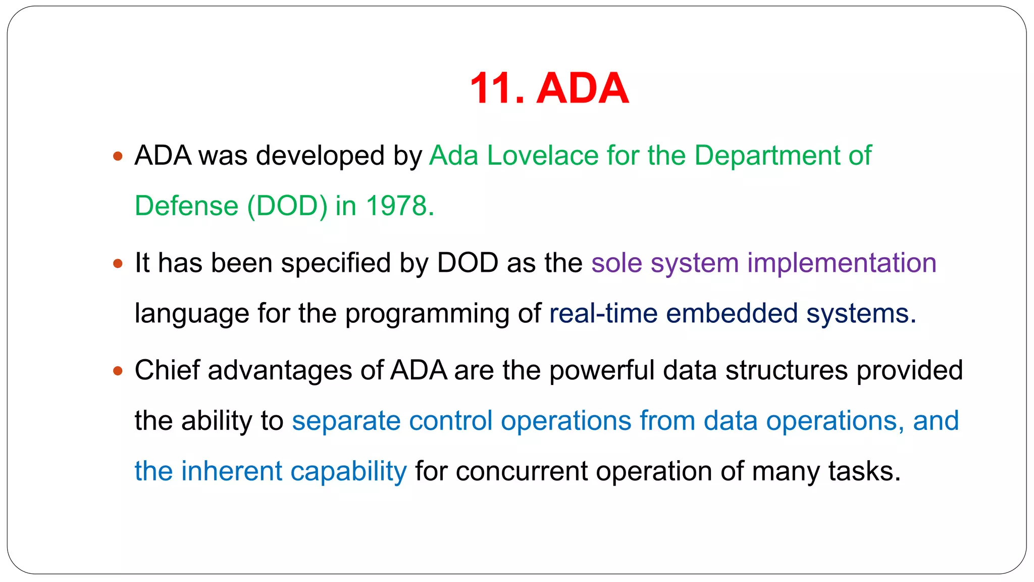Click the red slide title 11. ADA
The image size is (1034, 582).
tap(549, 88)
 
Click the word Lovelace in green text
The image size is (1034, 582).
tap(543, 155)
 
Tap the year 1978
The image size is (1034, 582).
tap(397, 206)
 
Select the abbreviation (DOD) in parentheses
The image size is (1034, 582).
tap(287, 206)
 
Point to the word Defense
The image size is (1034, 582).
tap(186, 206)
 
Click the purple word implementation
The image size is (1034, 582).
tap(842, 263)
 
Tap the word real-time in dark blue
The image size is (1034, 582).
tap(603, 313)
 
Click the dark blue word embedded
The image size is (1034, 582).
tap(732, 313)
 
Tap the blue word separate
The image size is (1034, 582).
tap(346, 421)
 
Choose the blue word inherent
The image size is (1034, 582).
tap(231, 471)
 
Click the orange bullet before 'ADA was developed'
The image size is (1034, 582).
tap(118, 156)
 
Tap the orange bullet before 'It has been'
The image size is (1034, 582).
tap(118, 264)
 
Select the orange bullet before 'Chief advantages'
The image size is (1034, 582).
tap(118, 371)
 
